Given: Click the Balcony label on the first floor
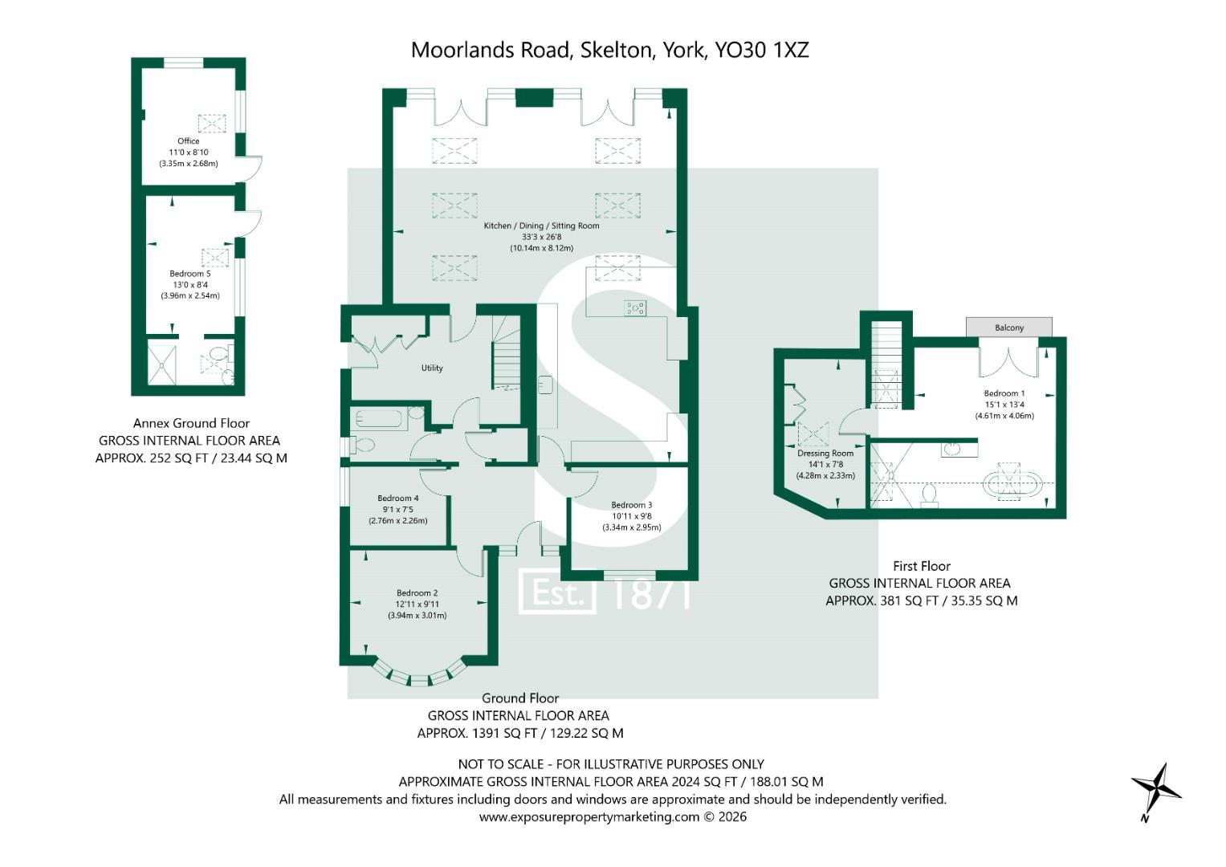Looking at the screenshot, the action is pyautogui.click(x=1008, y=328).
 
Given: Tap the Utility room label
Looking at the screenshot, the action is pyautogui.click(x=432, y=368).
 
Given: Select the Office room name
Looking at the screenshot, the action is pyautogui.click(x=189, y=140).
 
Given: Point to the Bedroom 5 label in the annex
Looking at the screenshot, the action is pyautogui.click(x=190, y=273).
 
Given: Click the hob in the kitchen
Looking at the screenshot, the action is pyautogui.click(x=635, y=308).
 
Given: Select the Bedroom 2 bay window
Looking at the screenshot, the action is pyautogui.click(x=419, y=675).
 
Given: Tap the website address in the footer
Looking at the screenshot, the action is pyautogui.click(x=589, y=816).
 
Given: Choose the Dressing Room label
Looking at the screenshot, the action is pyautogui.click(x=825, y=454).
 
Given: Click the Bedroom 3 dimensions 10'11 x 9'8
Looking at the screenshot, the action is pyautogui.click(x=632, y=516).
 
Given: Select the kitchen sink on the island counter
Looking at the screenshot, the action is pyautogui.click(x=546, y=385).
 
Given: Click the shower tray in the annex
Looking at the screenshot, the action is pyautogui.click(x=162, y=364).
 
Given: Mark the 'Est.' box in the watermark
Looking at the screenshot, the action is pyautogui.click(x=557, y=591).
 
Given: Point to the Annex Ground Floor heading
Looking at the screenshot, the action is pyautogui.click(x=192, y=423).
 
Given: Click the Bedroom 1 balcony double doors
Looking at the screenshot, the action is pyautogui.click(x=1008, y=357).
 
